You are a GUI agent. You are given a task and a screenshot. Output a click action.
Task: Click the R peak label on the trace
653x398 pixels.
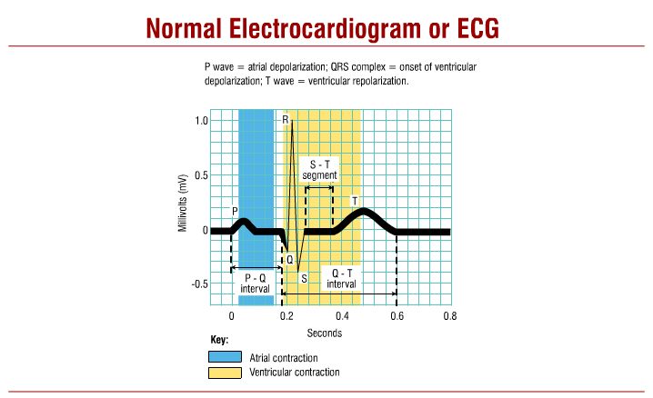(286, 120)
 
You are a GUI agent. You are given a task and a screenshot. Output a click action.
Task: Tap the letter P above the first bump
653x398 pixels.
(235, 211)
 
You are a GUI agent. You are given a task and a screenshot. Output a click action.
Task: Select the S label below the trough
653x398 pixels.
(304, 277)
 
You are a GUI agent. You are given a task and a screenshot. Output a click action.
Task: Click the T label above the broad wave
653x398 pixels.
(354, 200)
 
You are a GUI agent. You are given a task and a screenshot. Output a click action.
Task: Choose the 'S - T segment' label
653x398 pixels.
(320, 170)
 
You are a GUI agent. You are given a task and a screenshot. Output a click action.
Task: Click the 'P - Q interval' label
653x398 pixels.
(256, 283)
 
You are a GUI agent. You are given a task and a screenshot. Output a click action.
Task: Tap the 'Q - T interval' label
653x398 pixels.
(342, 278)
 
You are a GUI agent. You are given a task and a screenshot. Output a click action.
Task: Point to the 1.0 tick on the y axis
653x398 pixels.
(201, 121)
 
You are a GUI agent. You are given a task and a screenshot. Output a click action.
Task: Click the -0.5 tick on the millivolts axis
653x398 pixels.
(199, 284)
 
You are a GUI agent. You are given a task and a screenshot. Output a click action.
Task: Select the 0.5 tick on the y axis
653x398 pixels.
(201, 175)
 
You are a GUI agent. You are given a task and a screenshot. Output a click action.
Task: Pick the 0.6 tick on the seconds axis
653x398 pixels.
(396, 316)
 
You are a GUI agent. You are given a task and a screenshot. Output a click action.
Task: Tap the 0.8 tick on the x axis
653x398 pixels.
(449, 316)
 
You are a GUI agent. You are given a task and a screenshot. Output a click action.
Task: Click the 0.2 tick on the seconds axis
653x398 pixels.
(286, 316)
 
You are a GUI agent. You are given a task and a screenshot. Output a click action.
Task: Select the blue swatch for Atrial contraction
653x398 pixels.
(226, 357)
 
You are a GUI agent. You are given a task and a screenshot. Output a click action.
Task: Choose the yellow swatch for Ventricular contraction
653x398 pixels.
(226, 373)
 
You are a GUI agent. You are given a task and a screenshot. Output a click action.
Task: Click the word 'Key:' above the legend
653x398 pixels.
(219, 340)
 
